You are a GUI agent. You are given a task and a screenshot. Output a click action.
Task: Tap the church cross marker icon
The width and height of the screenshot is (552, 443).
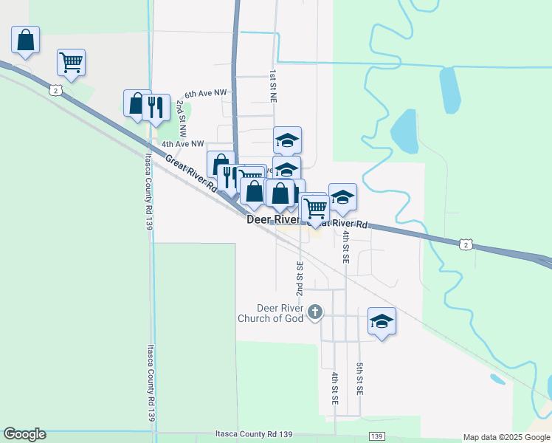point(315,312)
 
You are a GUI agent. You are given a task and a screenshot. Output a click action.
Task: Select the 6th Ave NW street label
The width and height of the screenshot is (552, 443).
point(207,94)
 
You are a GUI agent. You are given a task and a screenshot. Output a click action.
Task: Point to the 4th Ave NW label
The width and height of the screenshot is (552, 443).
point(182,144)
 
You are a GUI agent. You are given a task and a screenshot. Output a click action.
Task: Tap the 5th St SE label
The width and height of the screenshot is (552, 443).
point(359,377)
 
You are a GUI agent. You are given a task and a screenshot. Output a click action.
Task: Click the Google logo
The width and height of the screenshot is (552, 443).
point(24,434)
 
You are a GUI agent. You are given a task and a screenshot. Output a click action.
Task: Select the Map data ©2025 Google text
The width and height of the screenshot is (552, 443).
point(506,437)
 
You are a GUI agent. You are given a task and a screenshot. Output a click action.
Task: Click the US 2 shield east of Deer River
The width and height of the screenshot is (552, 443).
point(463,244)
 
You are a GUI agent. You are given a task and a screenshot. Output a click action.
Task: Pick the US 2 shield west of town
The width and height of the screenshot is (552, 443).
point(56,90)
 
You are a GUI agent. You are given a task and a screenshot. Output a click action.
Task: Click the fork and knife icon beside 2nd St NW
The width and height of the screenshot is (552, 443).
point(156,106)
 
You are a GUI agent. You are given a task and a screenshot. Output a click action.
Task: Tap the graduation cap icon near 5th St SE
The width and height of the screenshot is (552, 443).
point(382,321)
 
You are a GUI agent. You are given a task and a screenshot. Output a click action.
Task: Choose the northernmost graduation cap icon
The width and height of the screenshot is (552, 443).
point(287,139)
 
